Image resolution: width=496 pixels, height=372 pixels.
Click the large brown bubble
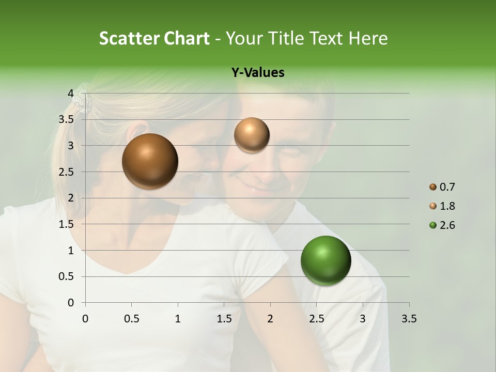[150, 161]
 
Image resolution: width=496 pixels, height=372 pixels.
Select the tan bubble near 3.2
[252, 135]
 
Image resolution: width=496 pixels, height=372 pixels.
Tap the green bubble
[326, 260]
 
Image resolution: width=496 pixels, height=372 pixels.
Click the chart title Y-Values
[258, 73]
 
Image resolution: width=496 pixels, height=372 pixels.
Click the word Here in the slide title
[367, 38]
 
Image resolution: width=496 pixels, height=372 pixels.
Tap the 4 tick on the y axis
[70, 93]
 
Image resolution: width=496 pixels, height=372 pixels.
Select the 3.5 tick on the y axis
[67, 119]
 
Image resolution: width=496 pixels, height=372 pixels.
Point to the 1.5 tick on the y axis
[67, 224]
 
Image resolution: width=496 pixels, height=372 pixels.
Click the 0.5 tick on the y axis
[67, 276]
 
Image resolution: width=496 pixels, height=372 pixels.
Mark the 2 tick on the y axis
[70, 198]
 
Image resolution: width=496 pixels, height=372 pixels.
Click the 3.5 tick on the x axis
[409, 319]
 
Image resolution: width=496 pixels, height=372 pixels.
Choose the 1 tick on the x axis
[178, 319]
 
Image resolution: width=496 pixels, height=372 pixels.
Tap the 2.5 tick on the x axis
[316, 319]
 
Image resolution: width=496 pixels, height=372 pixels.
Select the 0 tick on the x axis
[85, 319]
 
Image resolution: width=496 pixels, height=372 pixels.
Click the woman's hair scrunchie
[82, 101]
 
